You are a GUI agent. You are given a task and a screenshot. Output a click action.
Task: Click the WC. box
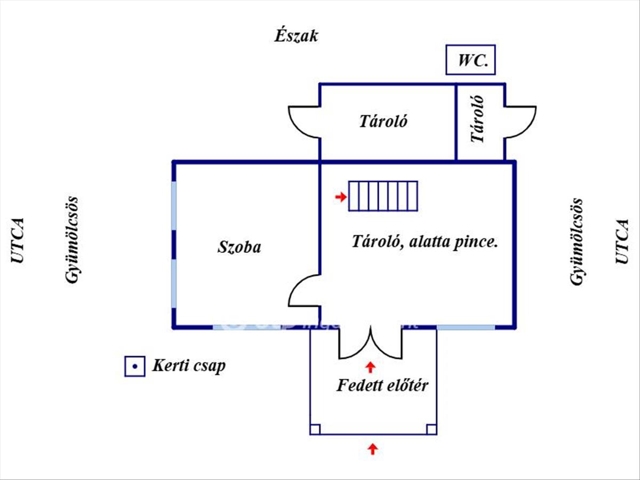point(471,60)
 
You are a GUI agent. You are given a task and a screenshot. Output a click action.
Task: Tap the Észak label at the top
point(296,36)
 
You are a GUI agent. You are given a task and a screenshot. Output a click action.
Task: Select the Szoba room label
point(239,247)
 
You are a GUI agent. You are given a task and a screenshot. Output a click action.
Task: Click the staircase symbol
point(383,196)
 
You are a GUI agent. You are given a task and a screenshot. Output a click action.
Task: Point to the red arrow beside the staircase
point(340,198)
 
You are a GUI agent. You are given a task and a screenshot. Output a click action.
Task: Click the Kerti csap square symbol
point(135,366)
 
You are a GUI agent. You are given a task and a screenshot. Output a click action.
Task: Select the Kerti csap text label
point(189,366)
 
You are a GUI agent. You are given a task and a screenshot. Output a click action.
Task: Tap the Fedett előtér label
point(382,386)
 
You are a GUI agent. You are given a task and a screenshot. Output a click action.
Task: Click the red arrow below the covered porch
point(373,449)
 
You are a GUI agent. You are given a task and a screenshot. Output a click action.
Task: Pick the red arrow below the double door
point(370,366)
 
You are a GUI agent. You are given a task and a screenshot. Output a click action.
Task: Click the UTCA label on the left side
point(18,240)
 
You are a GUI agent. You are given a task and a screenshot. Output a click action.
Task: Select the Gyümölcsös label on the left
point(72,240)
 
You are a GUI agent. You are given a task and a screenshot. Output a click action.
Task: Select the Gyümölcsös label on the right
point(577,242)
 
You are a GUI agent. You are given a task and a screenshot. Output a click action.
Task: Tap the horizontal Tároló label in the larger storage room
point(383,122)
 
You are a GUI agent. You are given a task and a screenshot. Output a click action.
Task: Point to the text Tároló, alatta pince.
point(425,242)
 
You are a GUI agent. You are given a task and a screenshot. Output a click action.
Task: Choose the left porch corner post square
point(315,429)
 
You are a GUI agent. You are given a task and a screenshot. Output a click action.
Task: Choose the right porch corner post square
point(431,429)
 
